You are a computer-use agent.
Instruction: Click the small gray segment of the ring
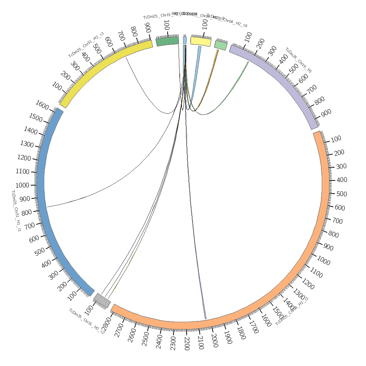coord(102,300)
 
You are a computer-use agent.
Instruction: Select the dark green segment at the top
coord(168,41)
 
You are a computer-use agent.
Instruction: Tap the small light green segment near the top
coord(221,45)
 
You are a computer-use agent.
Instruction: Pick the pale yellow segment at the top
coord(201,41)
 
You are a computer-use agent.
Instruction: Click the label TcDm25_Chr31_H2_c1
coord(86,45)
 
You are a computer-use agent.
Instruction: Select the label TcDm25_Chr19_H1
coord(299,60)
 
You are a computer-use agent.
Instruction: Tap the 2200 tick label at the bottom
coord(187,344)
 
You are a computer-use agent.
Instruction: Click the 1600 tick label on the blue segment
coord(42,105)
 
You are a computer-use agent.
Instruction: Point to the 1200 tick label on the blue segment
coord(24,158)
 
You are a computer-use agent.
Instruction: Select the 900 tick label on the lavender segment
coord(326,113)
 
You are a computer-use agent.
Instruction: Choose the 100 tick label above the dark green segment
coord(167,25)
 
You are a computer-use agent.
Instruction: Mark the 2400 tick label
coord(159,341)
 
